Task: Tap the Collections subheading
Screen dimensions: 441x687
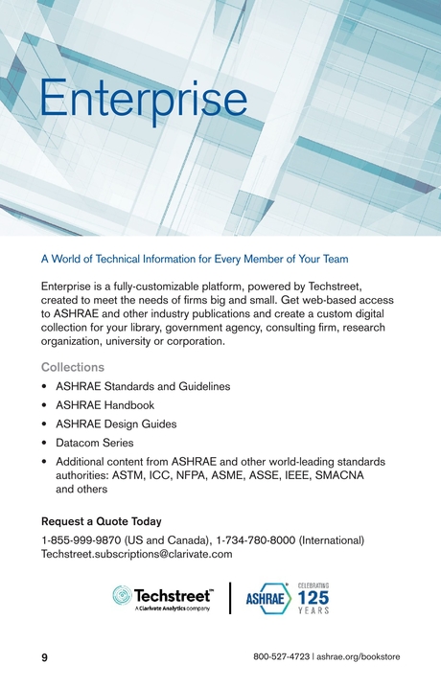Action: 73,367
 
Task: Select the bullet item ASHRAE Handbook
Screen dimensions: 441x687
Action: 104,405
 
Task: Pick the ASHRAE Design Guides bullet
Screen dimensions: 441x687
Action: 116,424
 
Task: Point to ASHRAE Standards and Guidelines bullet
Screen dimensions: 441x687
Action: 143,387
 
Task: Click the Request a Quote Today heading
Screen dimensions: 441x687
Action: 101,522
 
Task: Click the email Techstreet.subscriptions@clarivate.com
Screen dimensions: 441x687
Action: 137,554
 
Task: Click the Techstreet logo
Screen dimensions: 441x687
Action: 163,600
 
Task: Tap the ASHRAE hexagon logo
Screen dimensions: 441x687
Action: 267,600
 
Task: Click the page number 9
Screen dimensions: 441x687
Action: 44,657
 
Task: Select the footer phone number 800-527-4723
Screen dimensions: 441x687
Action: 282,657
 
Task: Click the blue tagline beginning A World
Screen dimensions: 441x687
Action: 195,259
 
